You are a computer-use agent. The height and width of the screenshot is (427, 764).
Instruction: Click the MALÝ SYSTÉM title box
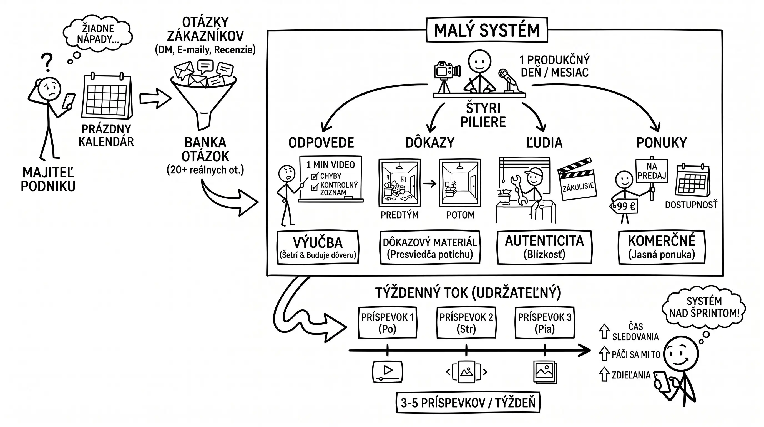click(x=487, y=30)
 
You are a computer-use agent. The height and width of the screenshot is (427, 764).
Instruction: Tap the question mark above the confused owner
click(x=47, y=62)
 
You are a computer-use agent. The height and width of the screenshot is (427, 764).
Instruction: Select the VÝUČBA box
click(x=318, y=247)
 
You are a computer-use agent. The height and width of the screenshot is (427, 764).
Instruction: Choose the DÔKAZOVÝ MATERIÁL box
click(x=430, y=247)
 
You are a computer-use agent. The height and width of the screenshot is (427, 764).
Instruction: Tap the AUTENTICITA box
click(x=544, y=247)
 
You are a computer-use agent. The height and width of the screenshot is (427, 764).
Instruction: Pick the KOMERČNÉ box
click(x=661, y=247)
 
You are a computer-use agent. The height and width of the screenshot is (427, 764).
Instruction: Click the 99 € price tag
click(x=624, y=206)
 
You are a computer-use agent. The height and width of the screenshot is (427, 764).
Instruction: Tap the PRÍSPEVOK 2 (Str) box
click(x=466, y=323)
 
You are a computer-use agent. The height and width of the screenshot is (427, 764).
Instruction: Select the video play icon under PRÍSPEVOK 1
click(x=387, y=371)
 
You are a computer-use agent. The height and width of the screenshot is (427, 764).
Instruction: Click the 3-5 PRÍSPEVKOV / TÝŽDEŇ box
click(x=468, y=403)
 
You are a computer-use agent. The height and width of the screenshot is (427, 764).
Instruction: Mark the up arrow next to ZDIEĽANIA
click(x=604, y=374)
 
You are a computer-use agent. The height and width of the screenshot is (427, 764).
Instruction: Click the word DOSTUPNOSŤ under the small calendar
click(x=691, y=205)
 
